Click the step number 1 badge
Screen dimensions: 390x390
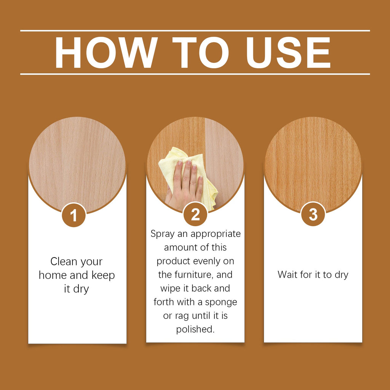point(74,215)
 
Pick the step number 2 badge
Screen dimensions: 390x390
point(195,214)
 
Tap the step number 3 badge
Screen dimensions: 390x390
point(313,214)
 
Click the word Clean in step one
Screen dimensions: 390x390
point(63,262)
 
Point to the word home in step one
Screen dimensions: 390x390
point(55,275)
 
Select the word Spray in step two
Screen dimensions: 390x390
point(162,234)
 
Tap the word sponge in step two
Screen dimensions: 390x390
point(221,302)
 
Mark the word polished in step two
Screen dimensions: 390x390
point(195,329)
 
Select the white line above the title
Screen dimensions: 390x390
point(195,30)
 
